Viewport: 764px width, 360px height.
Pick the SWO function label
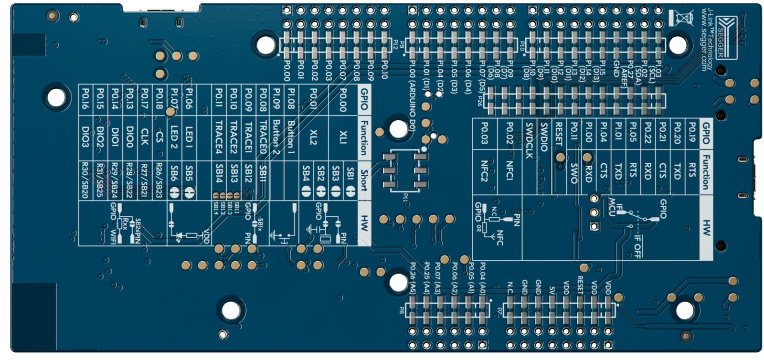coord(573,173)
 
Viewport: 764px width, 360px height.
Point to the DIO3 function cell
coord(85,137)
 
